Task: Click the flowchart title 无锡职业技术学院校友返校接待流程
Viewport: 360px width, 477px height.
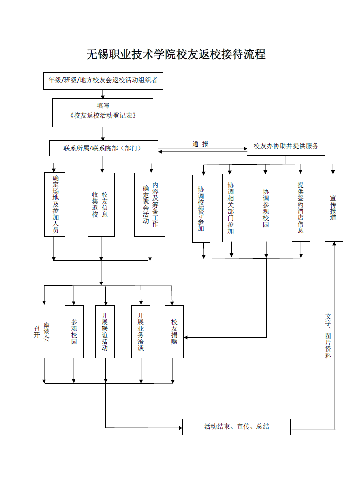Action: pos(176,54)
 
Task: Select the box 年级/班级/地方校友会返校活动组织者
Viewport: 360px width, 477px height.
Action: pos(103,80)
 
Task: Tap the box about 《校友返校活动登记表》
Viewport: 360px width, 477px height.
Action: pos(103,112)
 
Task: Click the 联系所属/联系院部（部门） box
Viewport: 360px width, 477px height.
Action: pos(103,148)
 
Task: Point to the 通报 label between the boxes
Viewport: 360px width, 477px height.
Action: pos(200,144)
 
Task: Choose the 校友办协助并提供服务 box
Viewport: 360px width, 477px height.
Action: pos(286,146)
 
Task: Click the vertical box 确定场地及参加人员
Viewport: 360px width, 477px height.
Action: pos(55,205)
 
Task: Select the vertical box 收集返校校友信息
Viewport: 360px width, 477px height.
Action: pos(101,205)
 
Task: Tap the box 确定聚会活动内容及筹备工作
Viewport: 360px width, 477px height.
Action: pos(150,205)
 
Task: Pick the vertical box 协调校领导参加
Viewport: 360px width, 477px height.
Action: pos(201,208)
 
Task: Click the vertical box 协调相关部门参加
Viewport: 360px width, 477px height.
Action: pos(231,208)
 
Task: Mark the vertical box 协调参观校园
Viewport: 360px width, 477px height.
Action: pos(266,208)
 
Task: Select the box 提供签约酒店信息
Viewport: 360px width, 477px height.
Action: pos(300,208)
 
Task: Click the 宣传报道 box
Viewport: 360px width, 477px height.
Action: pos(333,208)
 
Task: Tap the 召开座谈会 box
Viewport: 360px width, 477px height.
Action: pos(42,331)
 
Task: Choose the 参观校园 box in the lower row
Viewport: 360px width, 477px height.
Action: pos(74,331)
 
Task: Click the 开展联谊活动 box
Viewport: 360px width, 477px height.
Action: pos(105,331)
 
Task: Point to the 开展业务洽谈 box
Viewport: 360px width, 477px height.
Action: pos(141,331)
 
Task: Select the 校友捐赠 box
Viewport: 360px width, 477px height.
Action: pos(174,331)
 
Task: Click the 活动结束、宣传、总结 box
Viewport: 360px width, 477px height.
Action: pos(236,427)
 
